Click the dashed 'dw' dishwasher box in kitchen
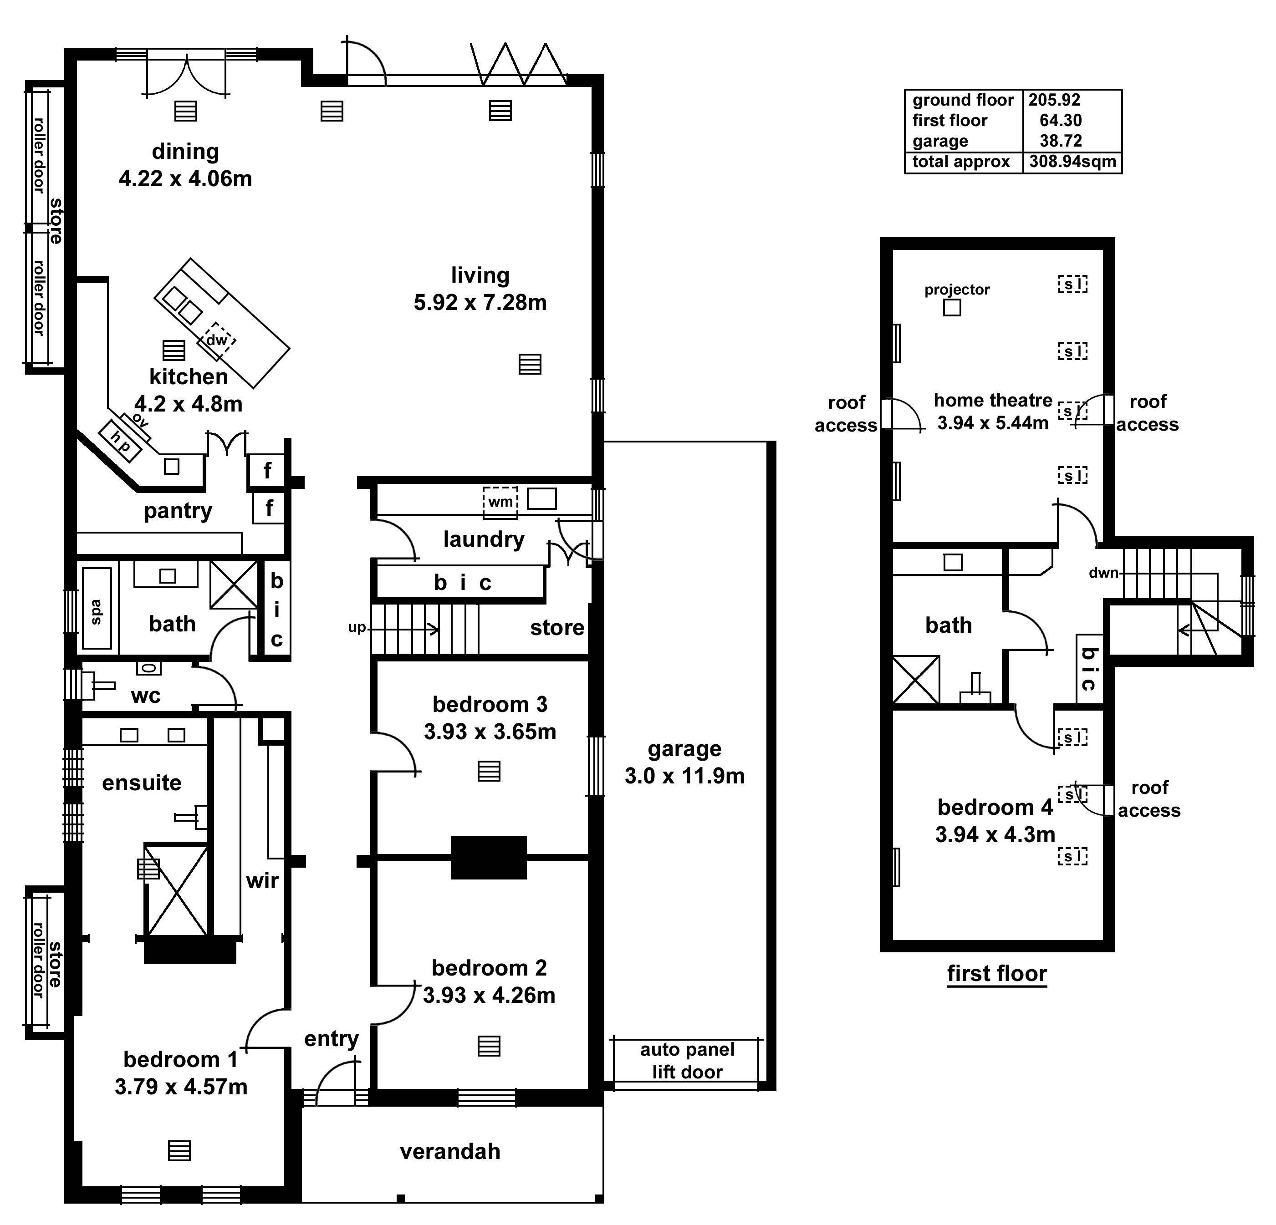pos(217,340)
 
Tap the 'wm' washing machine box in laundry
pos(500,502)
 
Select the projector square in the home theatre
pos(952,307)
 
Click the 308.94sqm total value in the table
pos(1072,162)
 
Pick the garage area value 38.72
pos(1061,141)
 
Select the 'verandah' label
pos(450,1151)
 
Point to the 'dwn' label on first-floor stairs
pos(1103,573)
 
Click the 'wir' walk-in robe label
pos(262,881)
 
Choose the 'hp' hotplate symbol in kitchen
pos(120,441)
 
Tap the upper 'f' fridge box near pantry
pos(267,470)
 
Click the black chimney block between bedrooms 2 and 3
pos(488,857)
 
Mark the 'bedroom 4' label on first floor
pos(995,807)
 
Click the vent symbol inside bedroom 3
pos(489,771)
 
